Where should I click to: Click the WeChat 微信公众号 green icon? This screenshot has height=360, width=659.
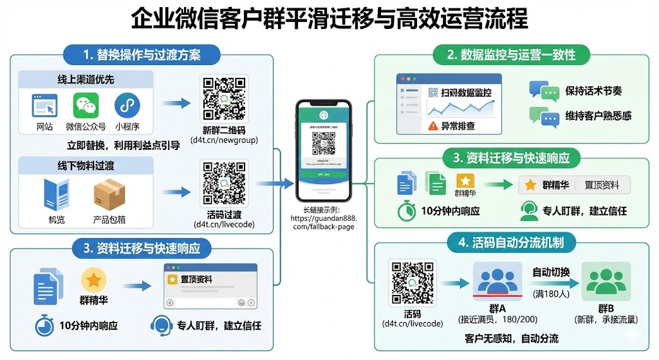(x=89, y=105)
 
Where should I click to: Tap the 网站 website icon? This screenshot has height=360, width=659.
(x=44, y=105)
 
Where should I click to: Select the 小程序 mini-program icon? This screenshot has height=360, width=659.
(x=127, y=105)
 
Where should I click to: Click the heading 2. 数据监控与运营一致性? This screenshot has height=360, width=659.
(x=512, y=54)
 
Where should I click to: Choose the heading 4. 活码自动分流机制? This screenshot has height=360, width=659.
(x=512, y=243)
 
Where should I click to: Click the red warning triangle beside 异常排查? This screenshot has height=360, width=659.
(x=432, y=126)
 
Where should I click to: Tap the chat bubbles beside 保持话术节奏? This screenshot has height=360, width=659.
(x=543, y=91)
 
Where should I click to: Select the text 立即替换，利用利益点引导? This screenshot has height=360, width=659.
(x=123, y=145)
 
